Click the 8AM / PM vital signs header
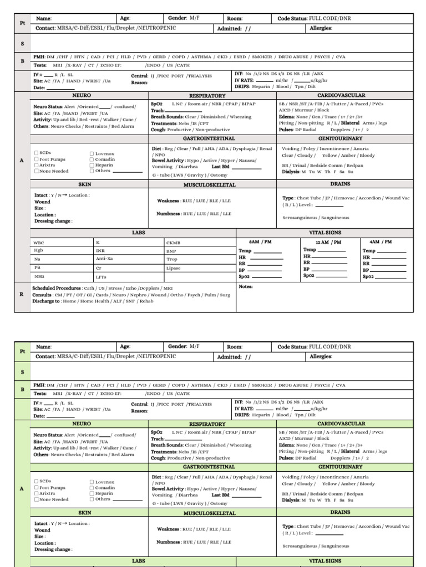pyautogui.click(x=261, y=242)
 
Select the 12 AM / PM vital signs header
pyautogui.click(x=328, y=242)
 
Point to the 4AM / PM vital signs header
pyautogui.click(x=380, y=241)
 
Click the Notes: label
pyautogui.click(x=246, y=287)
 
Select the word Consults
pyautogui.click(x=42, y=295)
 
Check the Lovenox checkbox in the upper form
pyautogui.click(x=92, y=153)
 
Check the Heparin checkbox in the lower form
pyautogui.click(x=92, y=493)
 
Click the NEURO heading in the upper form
pyautogui.click(x=82, y=96)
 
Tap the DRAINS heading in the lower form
pyautogui.click(x=340, y=512)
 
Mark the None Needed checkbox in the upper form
pyautogui.click(x=36, y=171)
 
